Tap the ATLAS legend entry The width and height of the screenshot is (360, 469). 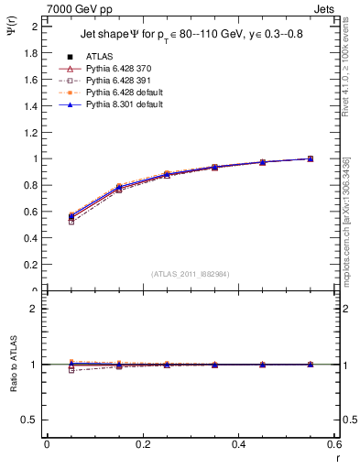(x=100, y=56)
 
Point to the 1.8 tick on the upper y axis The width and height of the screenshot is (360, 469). (x=32, y=53)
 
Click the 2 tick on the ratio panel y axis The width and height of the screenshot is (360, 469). (x=35, y=309)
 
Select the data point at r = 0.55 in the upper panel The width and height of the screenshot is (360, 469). (x=311, y=158)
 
